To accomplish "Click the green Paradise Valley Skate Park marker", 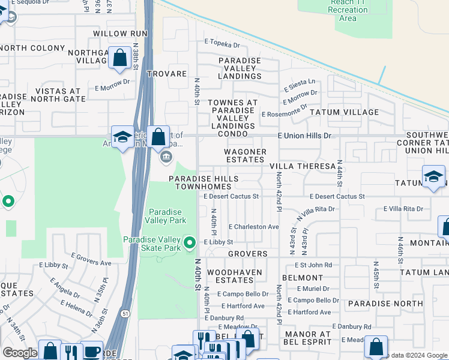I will pyautogui.click(x=190, y=242).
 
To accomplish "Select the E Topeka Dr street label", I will pyautogui.click(x=222, y=44).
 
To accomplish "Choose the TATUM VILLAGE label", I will pyautogui.click(x=345, y=112).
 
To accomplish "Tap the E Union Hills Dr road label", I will pyautogui.click(x=304, y=136).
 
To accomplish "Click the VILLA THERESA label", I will pyautogui.click(x=302, y=166).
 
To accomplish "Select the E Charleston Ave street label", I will pyautogui.click(x=254, y=227).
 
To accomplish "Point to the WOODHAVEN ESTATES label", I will pyautogui.click(x=231, y=276).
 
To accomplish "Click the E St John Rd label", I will pyautogui.click(x=313, y=265).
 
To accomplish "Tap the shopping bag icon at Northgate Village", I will pyautogui.click(x=120, y=58).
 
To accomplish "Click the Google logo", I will pyautogui.click(x=20, y=353).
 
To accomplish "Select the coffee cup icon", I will pyautogui.click(x=91, y=350).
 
